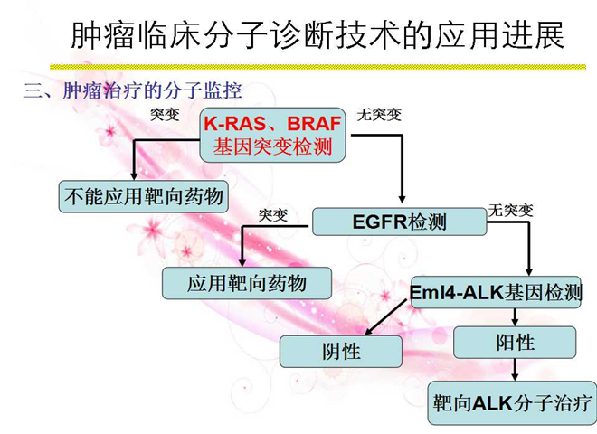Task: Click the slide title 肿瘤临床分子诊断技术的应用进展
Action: pos(317,35)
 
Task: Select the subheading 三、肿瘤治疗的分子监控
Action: pos(132,91)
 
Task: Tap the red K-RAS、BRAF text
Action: pos(272,123)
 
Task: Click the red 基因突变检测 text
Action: pos(272,146)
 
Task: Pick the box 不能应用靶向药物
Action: pos(144,197)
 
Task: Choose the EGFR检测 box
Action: pos(400,222)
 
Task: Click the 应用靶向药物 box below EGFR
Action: pos(247,283)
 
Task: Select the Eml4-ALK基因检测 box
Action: pos(496,292)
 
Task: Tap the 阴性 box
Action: pos(341,352)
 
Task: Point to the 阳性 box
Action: pos(515,343)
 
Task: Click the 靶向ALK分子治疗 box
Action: pos(512,403)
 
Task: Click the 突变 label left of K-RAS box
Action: pos(165,114)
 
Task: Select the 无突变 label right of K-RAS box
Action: pos(379,114)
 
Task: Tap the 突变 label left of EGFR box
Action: pos(273,215)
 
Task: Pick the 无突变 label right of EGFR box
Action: pos(511,210)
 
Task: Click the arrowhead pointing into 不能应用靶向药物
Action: pos(134,175)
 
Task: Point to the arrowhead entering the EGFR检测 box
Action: pos(402,198)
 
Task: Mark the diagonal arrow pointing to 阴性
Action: pos(386,316)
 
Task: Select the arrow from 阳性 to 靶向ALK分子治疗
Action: pos(515,369)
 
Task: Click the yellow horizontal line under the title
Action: pos(317,67)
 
